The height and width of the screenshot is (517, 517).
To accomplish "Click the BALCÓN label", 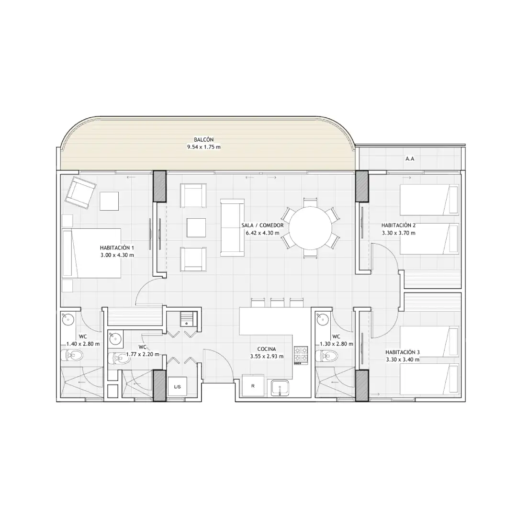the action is coord(203,140).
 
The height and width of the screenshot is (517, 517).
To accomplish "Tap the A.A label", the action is coord(410,159).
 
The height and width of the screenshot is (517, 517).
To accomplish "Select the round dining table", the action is coord(311,228).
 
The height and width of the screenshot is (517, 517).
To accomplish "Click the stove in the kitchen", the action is coord(301,355).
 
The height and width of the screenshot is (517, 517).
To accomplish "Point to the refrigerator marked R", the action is coord(253,385).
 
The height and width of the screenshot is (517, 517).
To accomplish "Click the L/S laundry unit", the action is coord(178,387).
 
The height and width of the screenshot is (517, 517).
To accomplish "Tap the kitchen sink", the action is coord(280,388).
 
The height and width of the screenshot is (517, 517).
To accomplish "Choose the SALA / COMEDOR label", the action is coord(262,225).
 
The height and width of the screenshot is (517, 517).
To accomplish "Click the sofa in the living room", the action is coord(233,227).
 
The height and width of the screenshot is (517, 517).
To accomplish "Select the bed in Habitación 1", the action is coord(91,253).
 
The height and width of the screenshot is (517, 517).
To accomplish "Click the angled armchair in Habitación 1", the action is coord(80,192).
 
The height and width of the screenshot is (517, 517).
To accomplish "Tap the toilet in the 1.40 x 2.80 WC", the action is coord(72,355).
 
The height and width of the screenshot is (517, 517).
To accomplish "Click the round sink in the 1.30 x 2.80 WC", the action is coord(322,319).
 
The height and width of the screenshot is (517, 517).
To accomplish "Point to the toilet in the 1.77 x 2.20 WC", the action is coord(118,358).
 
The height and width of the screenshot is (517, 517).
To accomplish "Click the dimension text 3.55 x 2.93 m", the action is coord(267,357).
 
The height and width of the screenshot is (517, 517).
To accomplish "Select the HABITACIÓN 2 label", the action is coord(398,225).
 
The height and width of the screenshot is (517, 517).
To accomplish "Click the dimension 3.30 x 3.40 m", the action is coord(403,360).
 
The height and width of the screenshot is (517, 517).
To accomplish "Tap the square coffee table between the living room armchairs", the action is coord(196,227).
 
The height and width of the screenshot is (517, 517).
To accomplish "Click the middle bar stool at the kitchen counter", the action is coord(277,303).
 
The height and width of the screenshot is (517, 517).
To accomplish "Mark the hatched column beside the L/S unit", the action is coord(159,385).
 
